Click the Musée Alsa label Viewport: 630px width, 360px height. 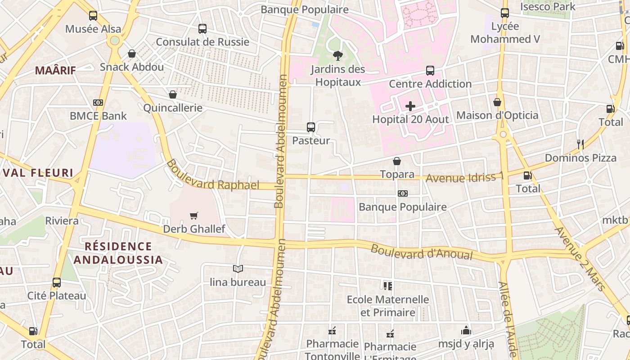93,29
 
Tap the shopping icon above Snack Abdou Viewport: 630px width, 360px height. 132,54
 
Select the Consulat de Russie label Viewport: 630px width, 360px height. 202,42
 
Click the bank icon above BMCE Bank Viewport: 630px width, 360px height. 98,103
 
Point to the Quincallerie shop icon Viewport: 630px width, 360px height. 173,94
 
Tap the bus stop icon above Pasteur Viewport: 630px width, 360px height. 311,127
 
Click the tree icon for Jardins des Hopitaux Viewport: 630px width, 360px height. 337,56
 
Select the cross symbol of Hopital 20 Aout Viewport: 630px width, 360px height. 410,106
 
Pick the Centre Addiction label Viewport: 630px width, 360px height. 430,84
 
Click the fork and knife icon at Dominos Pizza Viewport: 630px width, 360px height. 580,144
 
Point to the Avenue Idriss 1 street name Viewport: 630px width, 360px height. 464,177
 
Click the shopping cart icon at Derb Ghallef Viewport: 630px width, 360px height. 194,216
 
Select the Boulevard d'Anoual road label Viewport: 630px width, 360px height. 422,252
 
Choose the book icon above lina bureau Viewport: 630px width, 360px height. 238,269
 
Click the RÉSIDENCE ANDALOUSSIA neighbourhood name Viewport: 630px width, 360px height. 118,253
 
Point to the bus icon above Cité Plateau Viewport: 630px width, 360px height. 57,283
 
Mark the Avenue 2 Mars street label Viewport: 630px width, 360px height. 581,258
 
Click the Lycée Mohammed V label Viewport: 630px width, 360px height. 505,33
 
